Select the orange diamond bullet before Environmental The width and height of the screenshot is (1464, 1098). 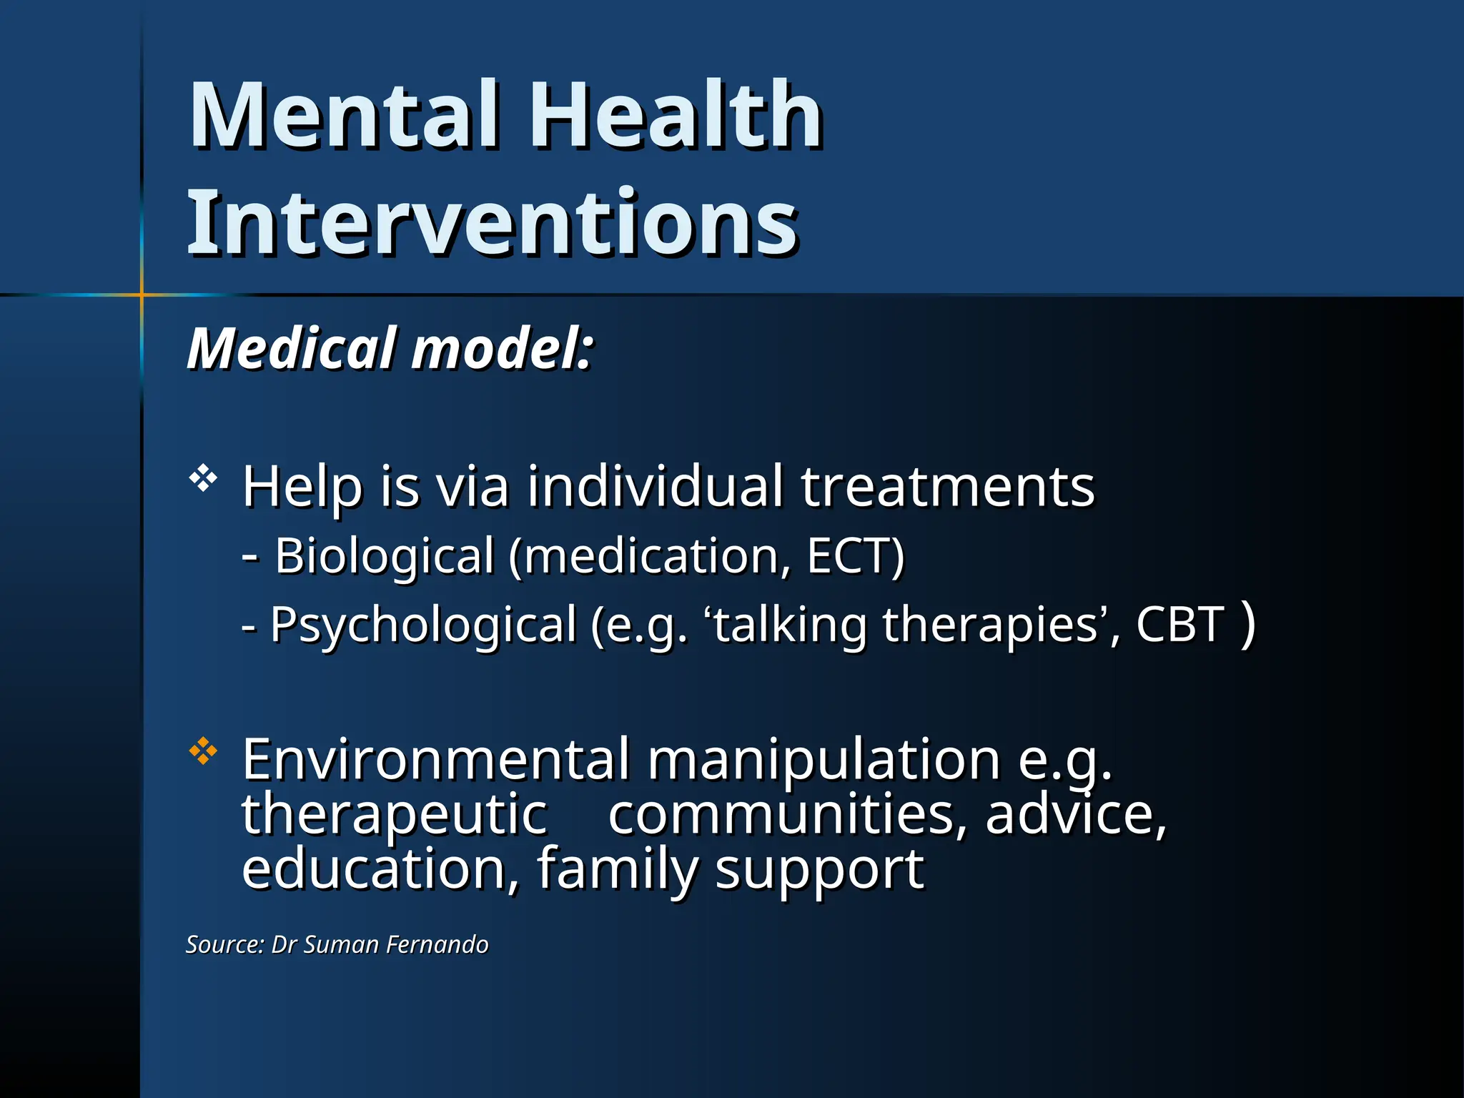(203, 751)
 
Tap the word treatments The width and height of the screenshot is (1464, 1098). (947, 486)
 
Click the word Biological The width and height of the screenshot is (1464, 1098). (385, 556)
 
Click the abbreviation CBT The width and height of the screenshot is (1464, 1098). (1180, 624)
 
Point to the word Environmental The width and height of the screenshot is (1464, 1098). (436, 759)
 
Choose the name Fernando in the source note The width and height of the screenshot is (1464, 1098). (437, 945)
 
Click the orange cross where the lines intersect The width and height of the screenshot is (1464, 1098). (142, 295)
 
